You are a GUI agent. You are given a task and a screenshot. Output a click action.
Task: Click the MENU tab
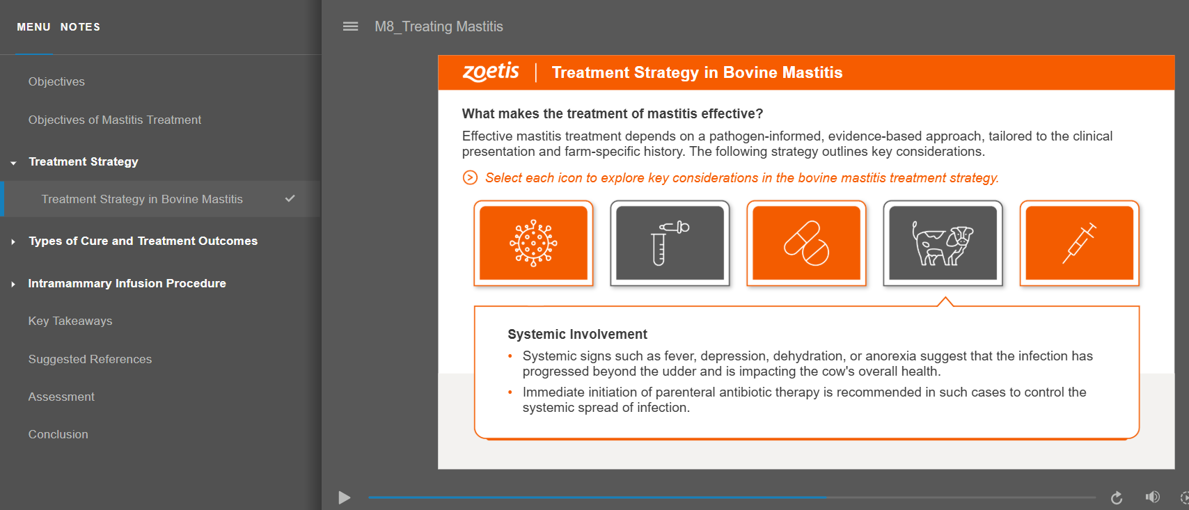[33, 27]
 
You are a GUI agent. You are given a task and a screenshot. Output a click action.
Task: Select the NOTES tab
[80, 27]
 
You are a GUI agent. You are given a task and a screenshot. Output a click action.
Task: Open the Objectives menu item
[56, 81]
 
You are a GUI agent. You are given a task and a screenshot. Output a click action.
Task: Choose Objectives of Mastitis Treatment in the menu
[115, 120]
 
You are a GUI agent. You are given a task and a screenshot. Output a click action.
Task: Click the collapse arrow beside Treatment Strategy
[13, 163]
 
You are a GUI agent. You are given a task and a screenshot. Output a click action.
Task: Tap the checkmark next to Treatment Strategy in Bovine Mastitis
[290, 198]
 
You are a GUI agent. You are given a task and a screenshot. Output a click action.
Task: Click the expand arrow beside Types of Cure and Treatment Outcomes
[13, 241]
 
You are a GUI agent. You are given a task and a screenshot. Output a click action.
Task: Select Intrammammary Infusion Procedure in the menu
[127, 283]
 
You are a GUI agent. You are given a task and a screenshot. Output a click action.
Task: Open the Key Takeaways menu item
[70, 321]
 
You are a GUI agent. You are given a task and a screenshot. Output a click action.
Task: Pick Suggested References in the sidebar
[90, 359]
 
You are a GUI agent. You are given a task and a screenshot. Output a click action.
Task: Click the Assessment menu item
[61, 397]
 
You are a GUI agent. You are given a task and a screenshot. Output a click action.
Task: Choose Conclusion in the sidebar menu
[58, 435]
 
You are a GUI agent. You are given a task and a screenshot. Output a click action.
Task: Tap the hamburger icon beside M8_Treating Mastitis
[350, 26]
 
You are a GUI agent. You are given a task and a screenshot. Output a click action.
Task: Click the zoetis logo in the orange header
[491, 72]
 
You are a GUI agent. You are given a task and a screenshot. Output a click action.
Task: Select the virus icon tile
[533, 243]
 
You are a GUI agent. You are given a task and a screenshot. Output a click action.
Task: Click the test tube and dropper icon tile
[670, 243]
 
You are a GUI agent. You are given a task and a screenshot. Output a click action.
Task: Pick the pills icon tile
[806, 243]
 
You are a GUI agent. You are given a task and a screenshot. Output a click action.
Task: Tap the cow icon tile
[943, 243]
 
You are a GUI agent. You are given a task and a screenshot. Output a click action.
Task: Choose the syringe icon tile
[1079, 243]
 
